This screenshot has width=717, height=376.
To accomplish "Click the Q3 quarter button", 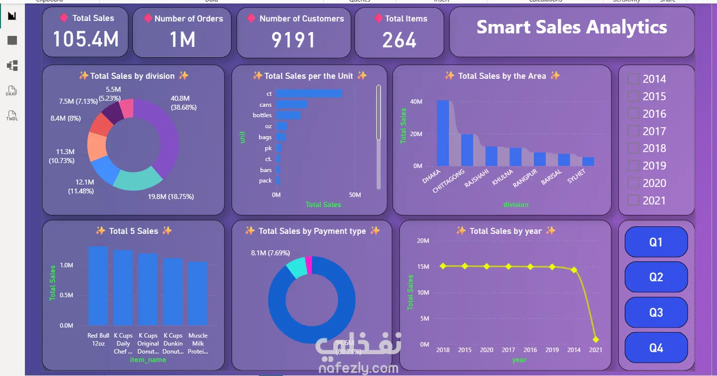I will [x=656, y=313].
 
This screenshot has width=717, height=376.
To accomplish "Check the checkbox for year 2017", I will [x=633, y=131].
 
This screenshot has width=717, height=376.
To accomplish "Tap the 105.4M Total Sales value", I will [x=86, y=39].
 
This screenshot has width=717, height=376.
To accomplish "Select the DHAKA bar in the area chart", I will [x=443, y=133].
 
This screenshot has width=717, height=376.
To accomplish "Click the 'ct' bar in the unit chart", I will [x=309, y=93].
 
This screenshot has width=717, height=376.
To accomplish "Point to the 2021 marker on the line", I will [x=596, y=339].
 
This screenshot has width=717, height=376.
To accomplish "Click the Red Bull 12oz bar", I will [x=98, y=285].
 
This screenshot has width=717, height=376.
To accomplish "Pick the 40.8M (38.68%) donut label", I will [x=183, y=103].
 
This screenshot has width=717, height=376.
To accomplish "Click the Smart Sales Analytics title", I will [x=571, y=27].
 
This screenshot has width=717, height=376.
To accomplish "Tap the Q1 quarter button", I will [x=656, y=242].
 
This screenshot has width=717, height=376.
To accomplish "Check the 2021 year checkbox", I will [x=633, y=200].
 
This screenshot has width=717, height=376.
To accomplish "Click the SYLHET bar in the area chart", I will [x=588, y=162].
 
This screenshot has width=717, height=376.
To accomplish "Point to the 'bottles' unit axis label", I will [x=262, y=115].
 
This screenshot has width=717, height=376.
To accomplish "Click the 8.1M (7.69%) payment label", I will [x=270, y=253].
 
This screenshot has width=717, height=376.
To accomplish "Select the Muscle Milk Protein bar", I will [x=198, y=293].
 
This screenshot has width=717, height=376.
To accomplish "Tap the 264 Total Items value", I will [x=399, y=40].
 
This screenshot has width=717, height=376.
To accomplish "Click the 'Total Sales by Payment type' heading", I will [x=312, y=231].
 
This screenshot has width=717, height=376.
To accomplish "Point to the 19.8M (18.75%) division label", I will [x=171, y=196].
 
